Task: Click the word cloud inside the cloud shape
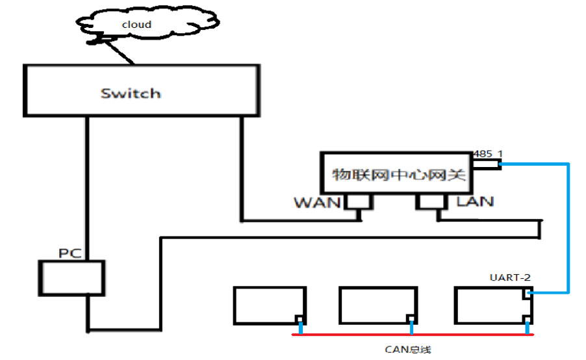(137, 25)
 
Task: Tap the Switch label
(131, 93)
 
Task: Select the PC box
(71, 277)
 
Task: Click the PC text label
(70, 252)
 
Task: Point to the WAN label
(317, 203)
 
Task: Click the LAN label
(475, 201)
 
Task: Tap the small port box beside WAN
(357, 202)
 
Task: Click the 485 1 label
(489, 153)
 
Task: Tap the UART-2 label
(510, 277)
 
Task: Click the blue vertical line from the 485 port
(568, 227)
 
